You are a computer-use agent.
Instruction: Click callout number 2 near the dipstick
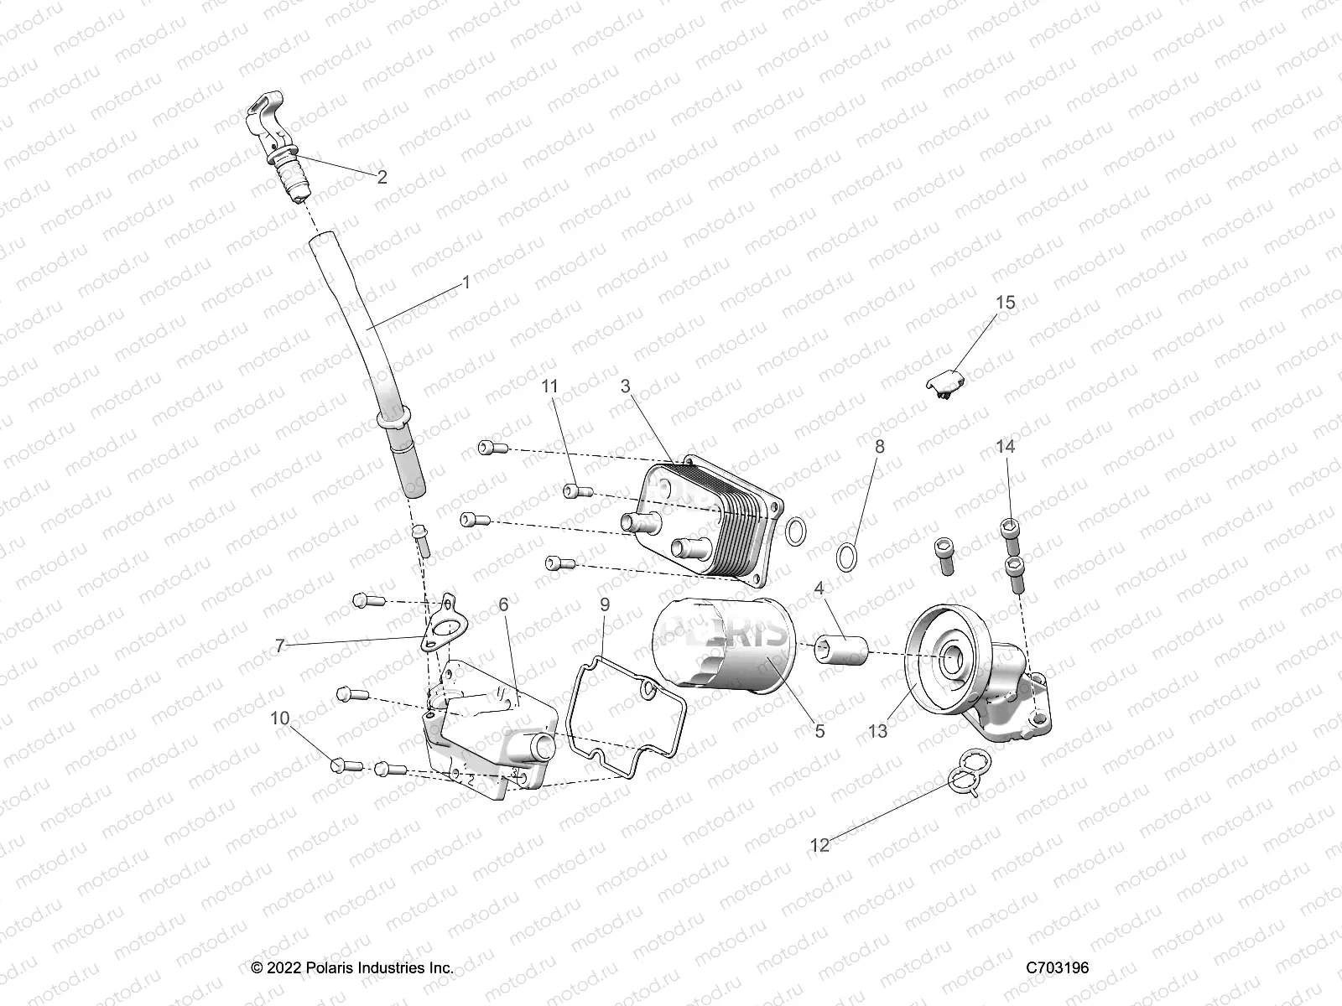click(382, 177)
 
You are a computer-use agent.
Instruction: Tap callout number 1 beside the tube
click(466, 283)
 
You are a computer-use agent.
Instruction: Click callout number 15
click(1005, 303)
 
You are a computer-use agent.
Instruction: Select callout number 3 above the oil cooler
click(625, 386)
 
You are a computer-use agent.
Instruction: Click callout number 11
click(549, 386)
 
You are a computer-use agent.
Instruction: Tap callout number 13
click(877, 731)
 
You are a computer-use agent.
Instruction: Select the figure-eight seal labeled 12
click(963, 777)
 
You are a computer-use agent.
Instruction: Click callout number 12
click(819, 845)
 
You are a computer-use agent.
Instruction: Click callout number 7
click(280, 646)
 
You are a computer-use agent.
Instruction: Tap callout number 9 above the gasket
click(605, 604)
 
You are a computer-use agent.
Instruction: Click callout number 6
click(503, 604)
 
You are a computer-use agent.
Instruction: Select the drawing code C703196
click(1058, 967)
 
